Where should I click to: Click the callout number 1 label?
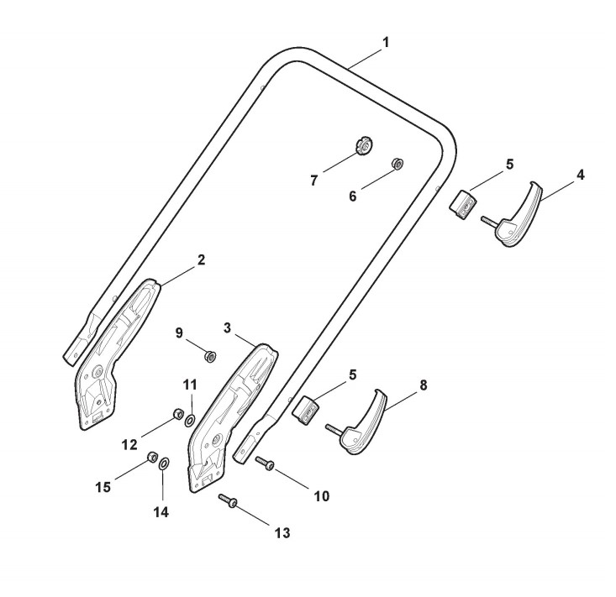pyautogui.click(x=385, y=40)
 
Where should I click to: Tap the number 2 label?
pyautogui.click(x=201, y=260)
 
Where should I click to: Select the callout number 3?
pyautogui.click(x=228, y=325)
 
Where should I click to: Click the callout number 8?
pyautogui.click(x=423, y=385)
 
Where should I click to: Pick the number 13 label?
pyautogui.click(x=283, y=532)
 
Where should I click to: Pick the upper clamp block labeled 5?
pyautogui.click(x=461, y=204)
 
